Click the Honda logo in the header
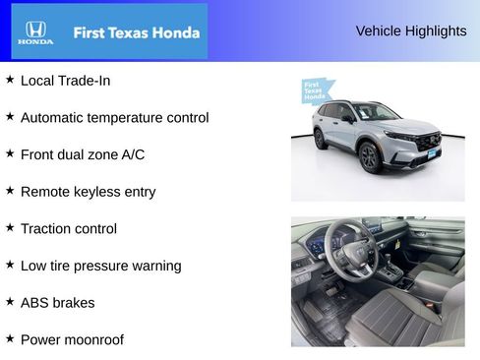(x=35, y=32)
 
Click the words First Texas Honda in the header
(x=137, y=32)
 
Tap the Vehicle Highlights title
(x=411, y=30)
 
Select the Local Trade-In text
(x=65, y=80)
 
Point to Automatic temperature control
(x=114, y=117)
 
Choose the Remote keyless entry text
(x=88, y=192)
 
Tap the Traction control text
(x=69, y=228)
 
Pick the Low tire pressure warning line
(x=100, y=266)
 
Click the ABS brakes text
(x=57, y=303)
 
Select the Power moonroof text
(x=72, y=339)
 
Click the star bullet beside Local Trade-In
(x=10, y=79)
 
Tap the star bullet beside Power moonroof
(x=10, y=338)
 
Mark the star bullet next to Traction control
(x=10, y=227)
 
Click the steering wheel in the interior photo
(x=350, y=251)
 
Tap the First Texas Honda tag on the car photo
(x=316, y=90)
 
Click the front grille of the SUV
(x=428, y=142)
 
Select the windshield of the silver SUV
(x=375, y=112)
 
